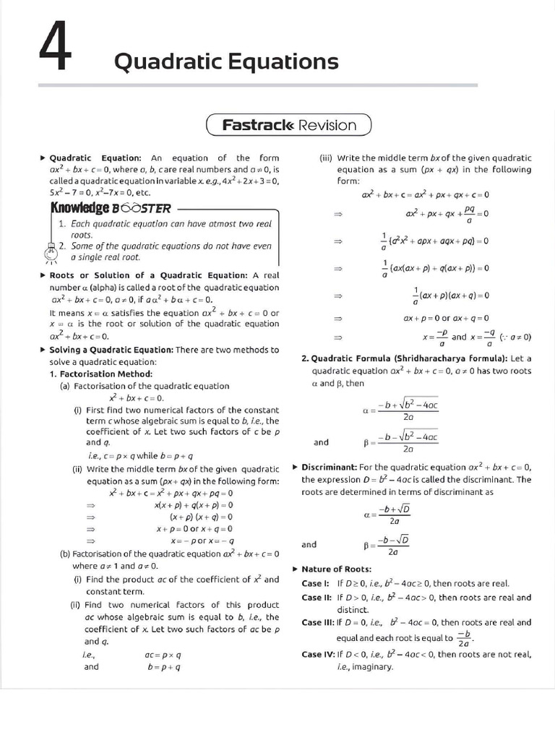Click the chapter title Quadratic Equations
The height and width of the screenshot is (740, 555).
pyautogui.click(x=226, y=62)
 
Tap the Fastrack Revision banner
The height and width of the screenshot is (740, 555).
pyautogui.click(x=289, y=125)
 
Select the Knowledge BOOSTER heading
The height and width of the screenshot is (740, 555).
pyautogui.click(x=110, y=208)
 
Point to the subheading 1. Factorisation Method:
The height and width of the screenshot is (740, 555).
pyautogui.click(x=101, y=374)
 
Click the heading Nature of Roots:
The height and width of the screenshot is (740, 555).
pyautogui.click(x=336, y=569)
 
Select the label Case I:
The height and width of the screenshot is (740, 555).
pyautogui.click(x=315, y=582)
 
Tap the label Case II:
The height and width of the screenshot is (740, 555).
pyautogui.click(x=317, y=598)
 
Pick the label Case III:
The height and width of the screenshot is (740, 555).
pyautogui.click(x=318, y=622)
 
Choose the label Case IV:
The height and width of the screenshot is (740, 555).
pyautogui.click(x=318, y=654)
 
